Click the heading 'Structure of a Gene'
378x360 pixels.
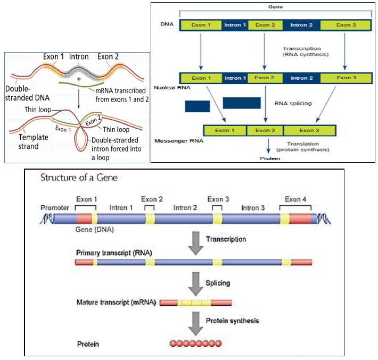(x=80, y=178)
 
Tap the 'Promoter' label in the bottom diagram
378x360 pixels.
(x=55, y=208)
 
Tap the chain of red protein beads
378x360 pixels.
(x=195, y=344)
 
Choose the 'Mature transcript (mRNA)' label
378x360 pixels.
(x=117, y=303)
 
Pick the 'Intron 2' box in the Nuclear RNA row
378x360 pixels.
(x=300, y=78)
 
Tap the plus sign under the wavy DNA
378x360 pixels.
(x=78, y=78)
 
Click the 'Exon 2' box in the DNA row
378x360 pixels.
(x=265, y=24)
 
